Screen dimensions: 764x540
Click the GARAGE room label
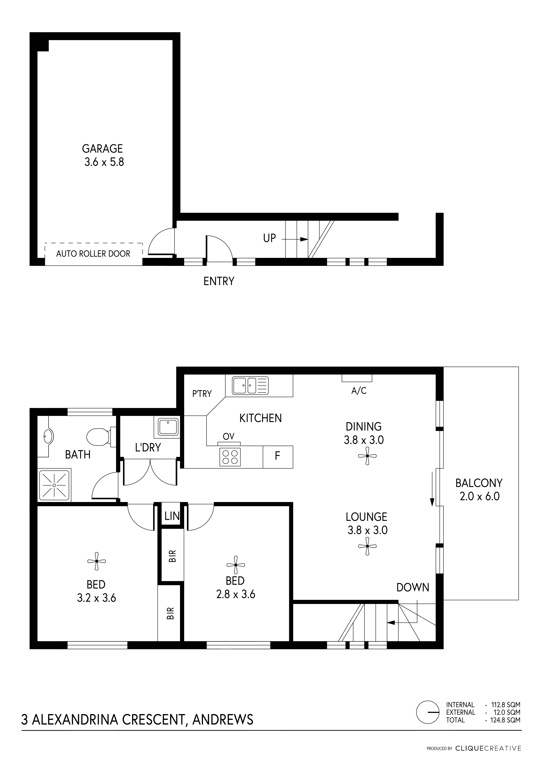103,148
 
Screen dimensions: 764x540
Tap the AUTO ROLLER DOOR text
93,254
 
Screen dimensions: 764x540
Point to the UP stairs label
269,238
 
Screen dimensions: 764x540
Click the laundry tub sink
168,427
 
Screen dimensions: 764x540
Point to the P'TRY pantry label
202,394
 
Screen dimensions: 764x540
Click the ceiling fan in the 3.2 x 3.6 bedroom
97,561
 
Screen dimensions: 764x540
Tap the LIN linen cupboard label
172,516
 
